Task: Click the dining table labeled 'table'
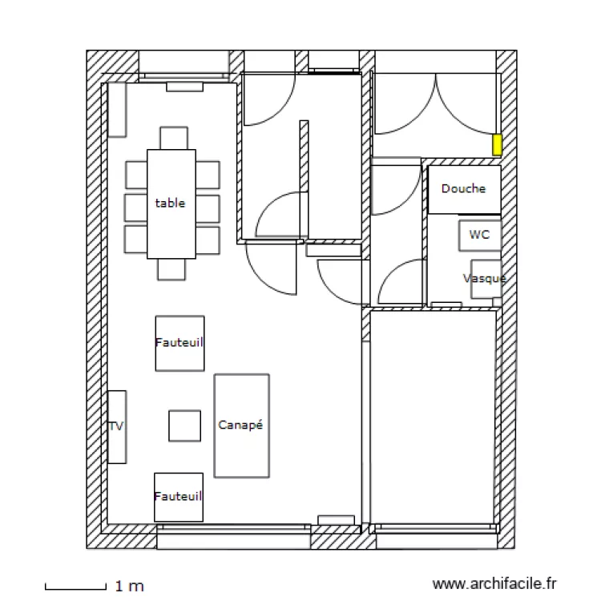(x=171, y=204)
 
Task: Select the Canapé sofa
(x=241, y=426)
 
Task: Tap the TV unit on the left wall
(x=117, y=426)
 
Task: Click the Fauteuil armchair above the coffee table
(x=179, y=342)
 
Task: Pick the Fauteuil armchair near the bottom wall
(x=179, y=497)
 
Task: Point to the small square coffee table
(x=184, y=426)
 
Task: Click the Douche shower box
(x=464, y=189)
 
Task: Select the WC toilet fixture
(x=479, y=236)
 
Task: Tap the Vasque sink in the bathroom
(x=486, y=279)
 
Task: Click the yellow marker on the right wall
(x=497, y=144)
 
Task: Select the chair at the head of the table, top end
(x=173, y=138)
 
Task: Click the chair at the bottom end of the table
(x=171, y=269)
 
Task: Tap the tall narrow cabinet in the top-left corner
(x=117, y=109)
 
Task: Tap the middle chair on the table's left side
(x=135, y=207)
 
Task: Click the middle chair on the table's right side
(x=208, y=207)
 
